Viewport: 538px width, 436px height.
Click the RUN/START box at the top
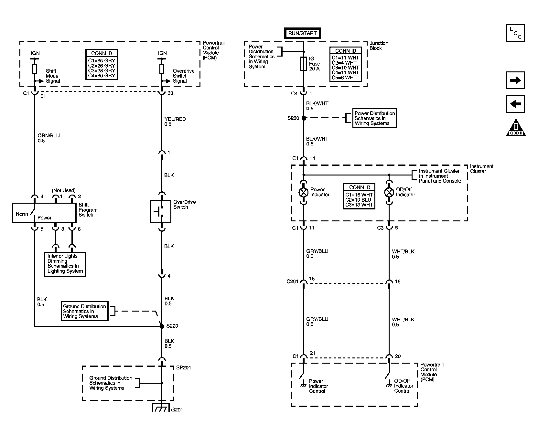point(302,33)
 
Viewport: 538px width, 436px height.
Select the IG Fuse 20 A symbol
point(303,64)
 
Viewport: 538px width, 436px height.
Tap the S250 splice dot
point(304,118)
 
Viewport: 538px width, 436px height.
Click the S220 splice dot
point(162,326)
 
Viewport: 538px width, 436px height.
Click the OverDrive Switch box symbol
point(161,212)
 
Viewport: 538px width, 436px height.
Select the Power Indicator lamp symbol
point(303,192)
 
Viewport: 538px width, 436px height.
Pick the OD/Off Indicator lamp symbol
point(389,192)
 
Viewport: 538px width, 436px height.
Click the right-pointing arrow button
point(515,80)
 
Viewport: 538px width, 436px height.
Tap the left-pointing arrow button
point(515,104)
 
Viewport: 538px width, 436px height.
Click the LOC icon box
point(515,33)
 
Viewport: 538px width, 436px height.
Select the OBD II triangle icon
point(516,128)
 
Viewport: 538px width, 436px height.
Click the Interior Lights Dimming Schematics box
point(65,264)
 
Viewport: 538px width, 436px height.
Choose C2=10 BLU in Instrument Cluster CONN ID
point(359,200)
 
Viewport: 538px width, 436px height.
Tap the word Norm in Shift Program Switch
point(22,214)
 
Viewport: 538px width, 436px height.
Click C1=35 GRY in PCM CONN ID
point(102,60)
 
